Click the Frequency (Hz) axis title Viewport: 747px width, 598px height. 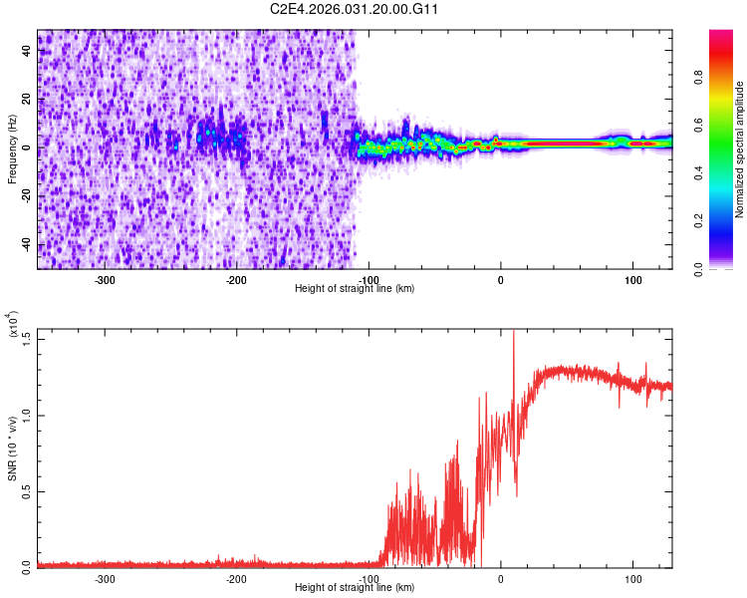click(12, 149)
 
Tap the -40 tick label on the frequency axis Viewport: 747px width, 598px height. click(28, 245)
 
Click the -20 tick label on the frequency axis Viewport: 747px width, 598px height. click(28, 196)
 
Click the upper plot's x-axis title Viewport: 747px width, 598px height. click(355, 288)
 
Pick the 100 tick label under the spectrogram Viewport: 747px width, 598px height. click(632, 280)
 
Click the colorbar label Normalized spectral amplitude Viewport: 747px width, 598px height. click(740, 149)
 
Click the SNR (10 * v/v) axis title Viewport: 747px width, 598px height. click(12, 448)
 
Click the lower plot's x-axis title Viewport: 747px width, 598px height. click(355, 587)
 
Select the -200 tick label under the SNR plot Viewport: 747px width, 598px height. click(236, 579)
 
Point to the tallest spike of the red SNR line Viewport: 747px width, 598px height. click(513, 332)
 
